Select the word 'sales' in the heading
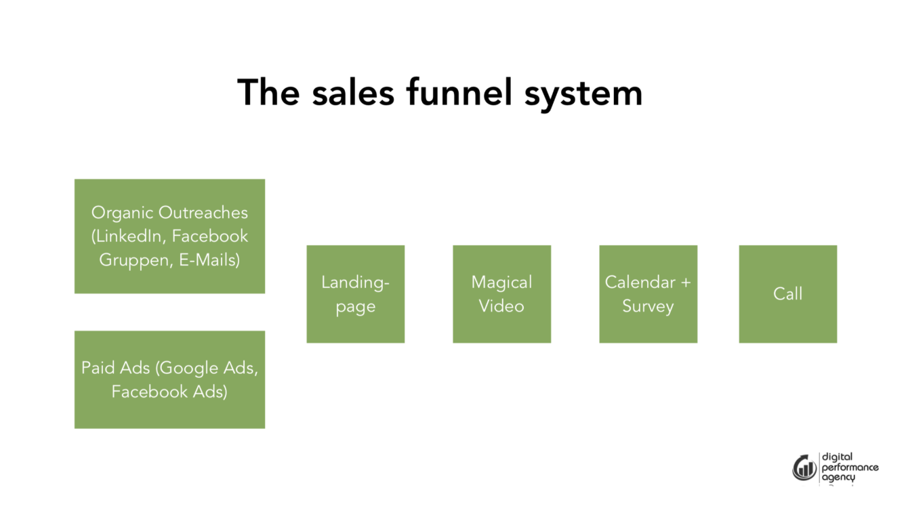click(x=352, y=92)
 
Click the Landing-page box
click(x=355, y=294)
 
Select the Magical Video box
click(x=501, y=294)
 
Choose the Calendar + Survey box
click(x=648, y=294)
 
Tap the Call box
click(x=787, y=294)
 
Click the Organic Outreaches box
click(x=169, y=236)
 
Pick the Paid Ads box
click(x=169, y=379)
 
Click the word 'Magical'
click(x=501, y=282)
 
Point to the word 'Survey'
click(x=648, y=306)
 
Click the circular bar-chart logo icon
click(x=804, y=467)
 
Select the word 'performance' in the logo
click(x=850, y=467)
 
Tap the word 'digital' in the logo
click(x=837, y=457)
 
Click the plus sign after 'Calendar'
click(x=686, y=282)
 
